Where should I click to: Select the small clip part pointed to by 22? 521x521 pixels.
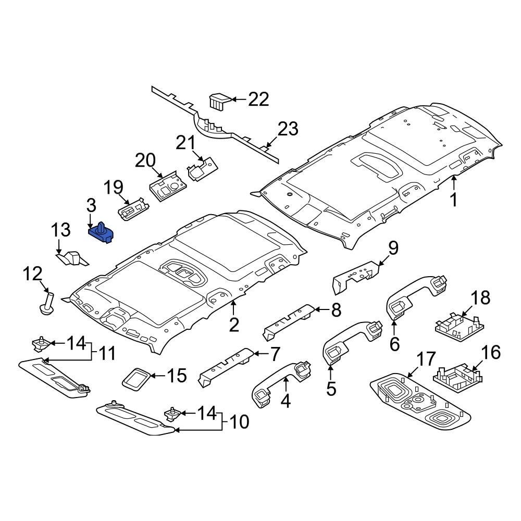pyautogui.click(x=219, y=100)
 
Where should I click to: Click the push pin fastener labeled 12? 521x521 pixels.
pyautogui.click(x=47, y=303)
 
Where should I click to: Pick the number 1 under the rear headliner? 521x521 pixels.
pyautogui.click(x=454, y=200)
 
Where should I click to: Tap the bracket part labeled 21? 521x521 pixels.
pyautogui.click(x=202, y=169)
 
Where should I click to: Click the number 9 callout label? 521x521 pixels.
pyautogui.click(x=392, y=248)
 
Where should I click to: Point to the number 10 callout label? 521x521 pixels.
pyautogui.click(x=240, y=421)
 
